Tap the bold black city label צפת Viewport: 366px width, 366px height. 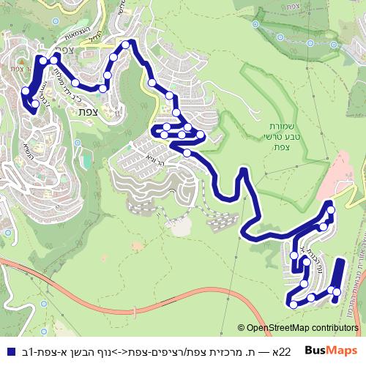click(x=86, y=111)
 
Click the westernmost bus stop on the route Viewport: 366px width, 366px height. click(x=25, y=91)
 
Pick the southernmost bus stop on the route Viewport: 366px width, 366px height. click(x=293, y=304)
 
